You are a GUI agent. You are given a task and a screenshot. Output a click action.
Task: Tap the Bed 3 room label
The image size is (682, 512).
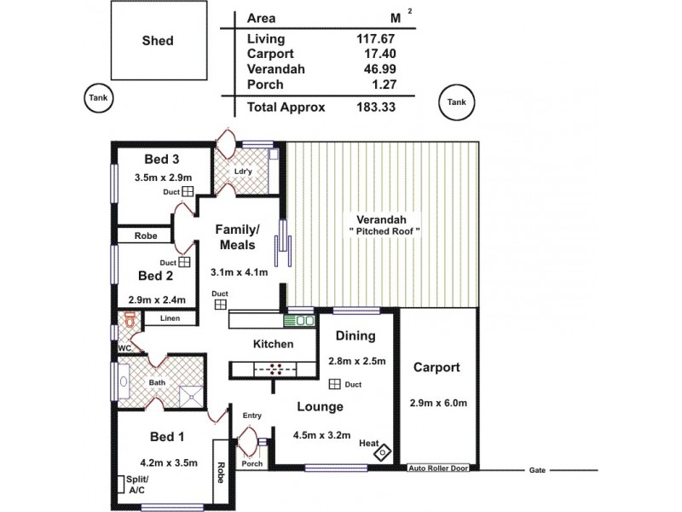pyautogui.click(x=161, y=159)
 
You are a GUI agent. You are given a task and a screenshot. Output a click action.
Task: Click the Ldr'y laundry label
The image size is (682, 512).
pyautogui.click(x=243, y=170)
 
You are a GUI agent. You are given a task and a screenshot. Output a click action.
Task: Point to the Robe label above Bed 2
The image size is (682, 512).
pyautogui.click(x=144, y=236)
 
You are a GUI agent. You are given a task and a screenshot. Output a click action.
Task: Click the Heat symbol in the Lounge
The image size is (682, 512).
pyautogui.click(x=384, y=451)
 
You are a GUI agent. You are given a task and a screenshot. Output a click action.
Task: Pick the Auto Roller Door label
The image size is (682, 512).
pyautogui.click(x=441, y=468)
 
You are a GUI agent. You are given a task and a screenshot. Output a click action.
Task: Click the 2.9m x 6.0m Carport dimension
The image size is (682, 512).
pyautogui.click(x=438, y=402)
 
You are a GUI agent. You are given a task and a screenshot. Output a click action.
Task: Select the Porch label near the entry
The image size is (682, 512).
pyautogui.click(x=251, y=464)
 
